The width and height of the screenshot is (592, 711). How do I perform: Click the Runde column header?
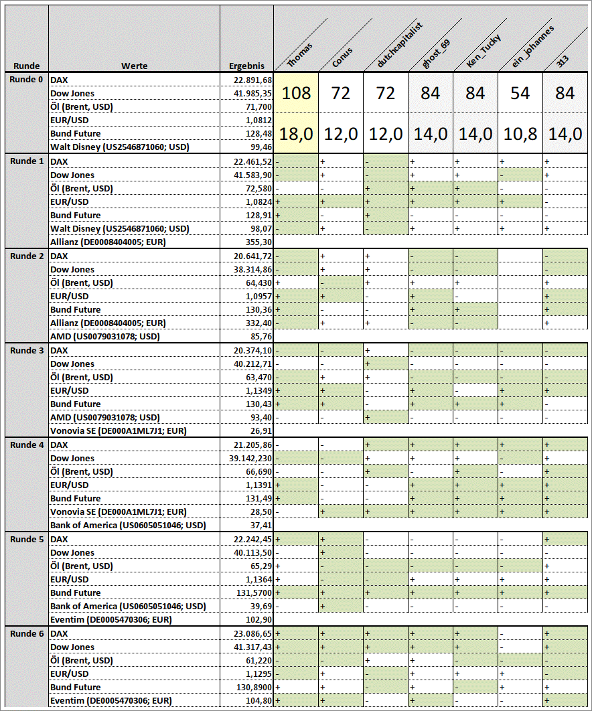[25, 66]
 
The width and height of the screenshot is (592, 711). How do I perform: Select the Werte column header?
[134, 66]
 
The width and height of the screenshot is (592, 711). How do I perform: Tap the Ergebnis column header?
[246, 66]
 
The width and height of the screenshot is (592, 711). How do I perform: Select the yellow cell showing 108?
[296, 93]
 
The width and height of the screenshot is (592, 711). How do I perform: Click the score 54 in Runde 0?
[520, 93]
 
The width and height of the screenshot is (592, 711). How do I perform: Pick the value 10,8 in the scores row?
[520, 133]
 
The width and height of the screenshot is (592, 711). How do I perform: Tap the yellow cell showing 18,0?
[296, 133]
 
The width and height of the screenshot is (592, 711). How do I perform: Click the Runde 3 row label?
[25, 350]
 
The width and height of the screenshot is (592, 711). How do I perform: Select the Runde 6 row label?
[25, 633]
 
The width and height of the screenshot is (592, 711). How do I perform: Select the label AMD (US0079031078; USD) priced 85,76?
[105, 336]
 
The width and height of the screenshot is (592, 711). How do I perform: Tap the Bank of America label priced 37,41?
[127, 525]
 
